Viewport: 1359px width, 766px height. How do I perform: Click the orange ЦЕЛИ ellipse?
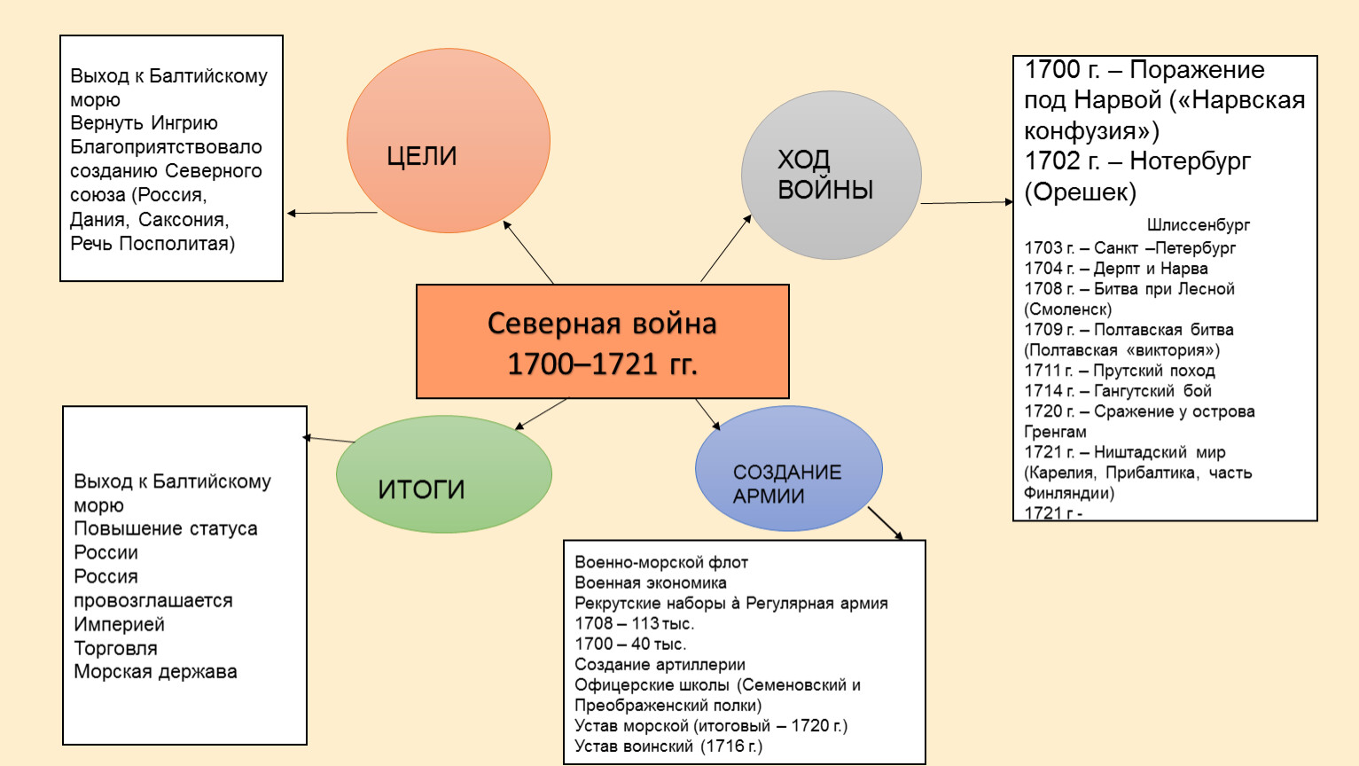448,140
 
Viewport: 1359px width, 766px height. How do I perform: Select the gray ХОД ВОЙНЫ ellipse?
831,175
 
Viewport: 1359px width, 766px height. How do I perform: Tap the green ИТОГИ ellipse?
443,474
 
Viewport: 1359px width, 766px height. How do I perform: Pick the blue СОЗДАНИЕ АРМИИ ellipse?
788,468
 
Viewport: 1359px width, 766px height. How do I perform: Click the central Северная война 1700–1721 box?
602,341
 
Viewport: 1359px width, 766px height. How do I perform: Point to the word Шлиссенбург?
1198,225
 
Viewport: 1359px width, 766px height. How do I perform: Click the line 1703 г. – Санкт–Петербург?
1129,248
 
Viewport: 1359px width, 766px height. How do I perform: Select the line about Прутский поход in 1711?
1120,371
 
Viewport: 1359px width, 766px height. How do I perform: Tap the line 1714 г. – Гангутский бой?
1118,391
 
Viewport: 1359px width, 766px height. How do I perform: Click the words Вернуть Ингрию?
144,123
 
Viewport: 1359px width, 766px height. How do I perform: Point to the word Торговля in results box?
115,648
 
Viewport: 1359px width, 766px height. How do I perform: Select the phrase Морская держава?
155,672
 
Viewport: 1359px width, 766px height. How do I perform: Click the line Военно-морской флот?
661,562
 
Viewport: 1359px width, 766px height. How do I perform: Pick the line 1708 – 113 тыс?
634,623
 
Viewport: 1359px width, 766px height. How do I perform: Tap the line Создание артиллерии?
660,665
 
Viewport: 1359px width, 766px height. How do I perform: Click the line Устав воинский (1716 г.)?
668,746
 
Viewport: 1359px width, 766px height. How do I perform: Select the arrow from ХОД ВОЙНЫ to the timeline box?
966,203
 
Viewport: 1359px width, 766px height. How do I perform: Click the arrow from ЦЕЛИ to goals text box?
332,213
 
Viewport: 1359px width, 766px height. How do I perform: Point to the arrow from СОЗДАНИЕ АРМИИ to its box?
885,523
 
